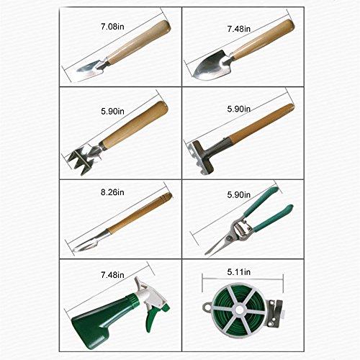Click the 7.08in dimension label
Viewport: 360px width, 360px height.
[x=112, y=27]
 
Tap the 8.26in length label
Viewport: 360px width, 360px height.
[x=112, y=192]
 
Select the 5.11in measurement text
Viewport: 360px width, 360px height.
[x=239, y=272]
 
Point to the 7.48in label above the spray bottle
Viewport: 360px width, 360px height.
[x=112, y=275]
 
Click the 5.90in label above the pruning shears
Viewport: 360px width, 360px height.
[x=239, y=195]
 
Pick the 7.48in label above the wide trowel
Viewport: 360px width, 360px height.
[x=239, y=29]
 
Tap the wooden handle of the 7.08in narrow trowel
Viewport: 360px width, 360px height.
[x=138, y=42]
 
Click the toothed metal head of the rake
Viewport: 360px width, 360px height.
[x=200, y=157]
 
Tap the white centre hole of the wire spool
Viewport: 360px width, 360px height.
[x=239, y=310]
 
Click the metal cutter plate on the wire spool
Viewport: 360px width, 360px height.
[x=274, y=312]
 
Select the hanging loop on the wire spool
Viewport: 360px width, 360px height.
[x=207, y=306]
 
